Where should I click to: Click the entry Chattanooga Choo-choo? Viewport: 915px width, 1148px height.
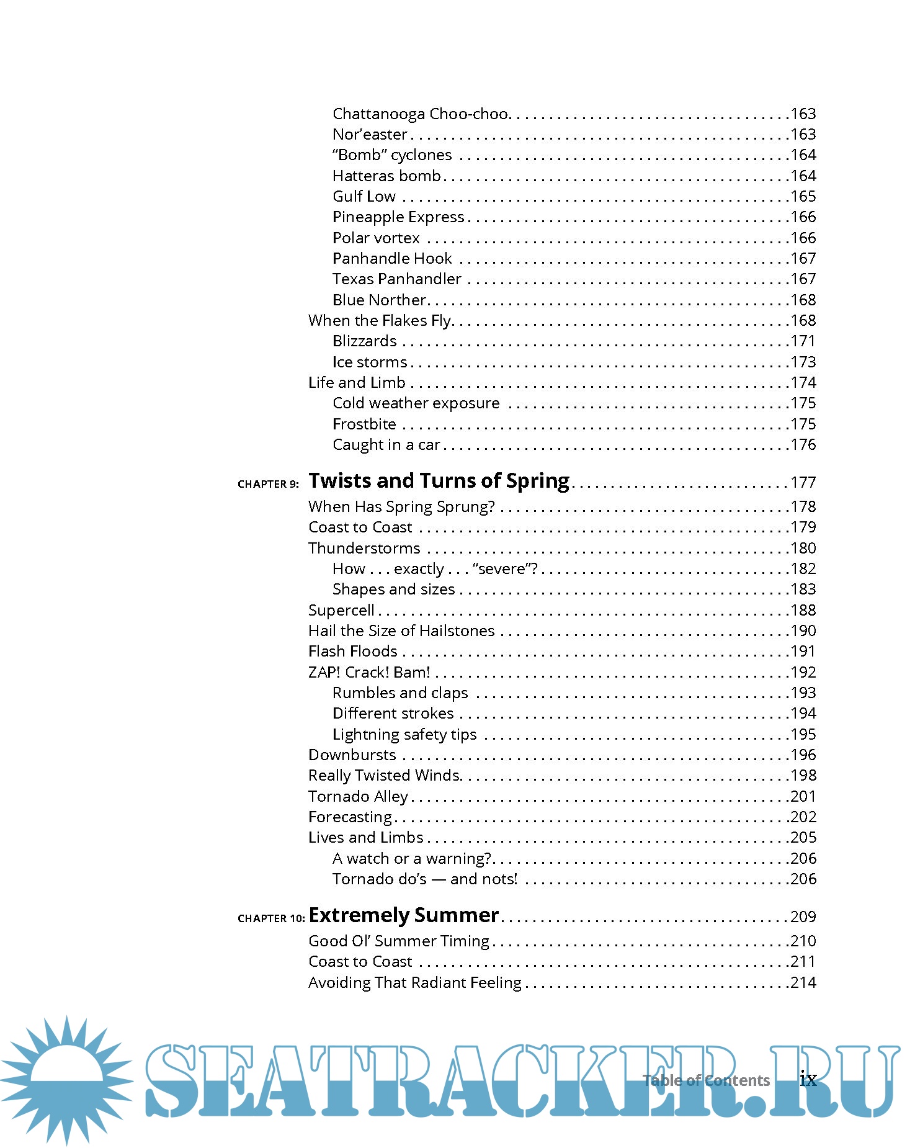[x=421, y=114]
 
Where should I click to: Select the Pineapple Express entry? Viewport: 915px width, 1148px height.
[x=398, y=217]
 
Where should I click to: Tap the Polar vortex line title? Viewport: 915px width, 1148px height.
[x=376, y=238]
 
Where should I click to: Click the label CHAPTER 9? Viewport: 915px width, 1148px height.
[x=268, y=484]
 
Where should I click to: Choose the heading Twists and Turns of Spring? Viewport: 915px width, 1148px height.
[x=439, y=481]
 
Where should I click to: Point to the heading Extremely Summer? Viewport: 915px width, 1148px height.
[x=403, y=915]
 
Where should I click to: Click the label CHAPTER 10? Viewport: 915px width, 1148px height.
[x=271, y=918]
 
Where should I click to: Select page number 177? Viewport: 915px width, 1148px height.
[x=803, y=482]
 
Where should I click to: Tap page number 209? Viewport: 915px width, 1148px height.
[x=803, y=917]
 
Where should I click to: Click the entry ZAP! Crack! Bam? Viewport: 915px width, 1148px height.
[x=369, y=672]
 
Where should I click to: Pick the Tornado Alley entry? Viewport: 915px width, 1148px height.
[x=358, y=796]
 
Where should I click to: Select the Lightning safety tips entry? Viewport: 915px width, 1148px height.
[x=404, y=734]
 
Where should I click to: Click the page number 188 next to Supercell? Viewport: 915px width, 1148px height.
[x=803, y=610]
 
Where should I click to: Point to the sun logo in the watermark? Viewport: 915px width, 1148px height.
[x=66, y=1079]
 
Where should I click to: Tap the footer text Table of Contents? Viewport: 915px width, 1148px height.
[x=706, y=1080]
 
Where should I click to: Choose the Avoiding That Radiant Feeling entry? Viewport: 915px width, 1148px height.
[x=414, y=982]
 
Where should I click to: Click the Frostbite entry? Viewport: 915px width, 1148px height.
[x=364, y=424]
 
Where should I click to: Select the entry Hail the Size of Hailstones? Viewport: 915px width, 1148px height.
[x=401, y=630]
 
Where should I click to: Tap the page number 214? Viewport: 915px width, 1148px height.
[x=803, y=982]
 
